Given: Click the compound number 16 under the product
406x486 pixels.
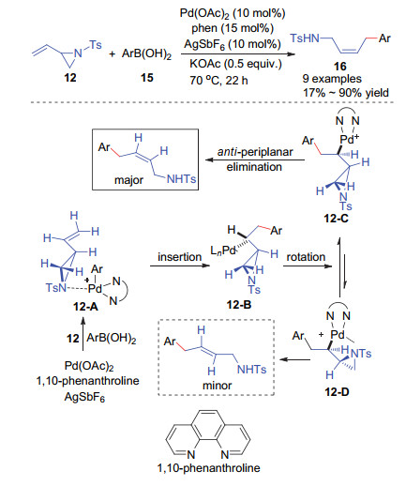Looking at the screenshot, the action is (340, 66).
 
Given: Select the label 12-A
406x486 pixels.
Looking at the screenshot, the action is (86, 307).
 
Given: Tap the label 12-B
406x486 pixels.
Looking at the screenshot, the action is (239, 305).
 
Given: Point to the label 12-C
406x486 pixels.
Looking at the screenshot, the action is (337, 219).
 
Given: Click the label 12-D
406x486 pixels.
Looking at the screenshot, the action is (337, 391).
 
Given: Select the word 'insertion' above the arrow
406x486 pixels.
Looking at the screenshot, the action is (180, 257).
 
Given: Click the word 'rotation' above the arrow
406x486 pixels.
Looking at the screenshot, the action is (306, 257).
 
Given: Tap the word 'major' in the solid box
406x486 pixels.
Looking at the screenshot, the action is (128, 180).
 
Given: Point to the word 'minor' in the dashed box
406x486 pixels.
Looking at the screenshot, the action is (218, 386).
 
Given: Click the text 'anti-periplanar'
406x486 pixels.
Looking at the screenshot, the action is (255, 152).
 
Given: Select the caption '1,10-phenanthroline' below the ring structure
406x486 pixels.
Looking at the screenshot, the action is (209, 468).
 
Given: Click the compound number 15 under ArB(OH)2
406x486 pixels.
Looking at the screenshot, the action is (147, 77).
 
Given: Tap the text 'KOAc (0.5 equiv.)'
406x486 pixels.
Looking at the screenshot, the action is (235, 64).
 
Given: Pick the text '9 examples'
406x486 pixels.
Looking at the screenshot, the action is (332, 79).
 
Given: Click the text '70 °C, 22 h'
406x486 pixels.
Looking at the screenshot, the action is (218, 81).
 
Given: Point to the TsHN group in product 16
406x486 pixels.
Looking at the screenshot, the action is (305, 38).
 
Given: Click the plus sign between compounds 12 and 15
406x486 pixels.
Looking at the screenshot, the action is (113, 53).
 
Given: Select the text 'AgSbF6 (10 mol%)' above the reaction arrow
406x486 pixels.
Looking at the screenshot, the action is (233, 44).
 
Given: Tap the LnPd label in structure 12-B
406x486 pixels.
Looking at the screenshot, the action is (223, 251).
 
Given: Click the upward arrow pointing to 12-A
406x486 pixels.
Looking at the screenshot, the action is (83, 333).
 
